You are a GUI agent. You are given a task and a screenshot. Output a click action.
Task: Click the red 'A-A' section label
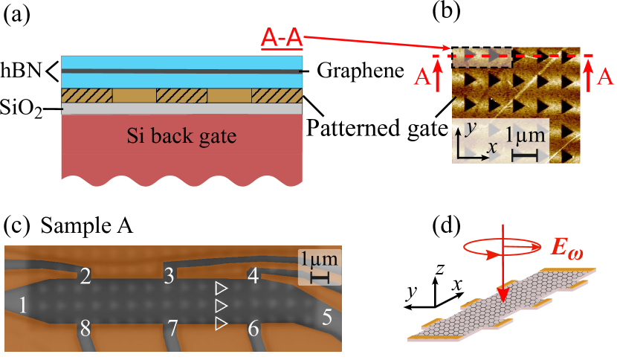281,36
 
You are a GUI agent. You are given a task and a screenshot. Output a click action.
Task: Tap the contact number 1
23,305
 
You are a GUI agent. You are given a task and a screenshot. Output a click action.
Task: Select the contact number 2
85,277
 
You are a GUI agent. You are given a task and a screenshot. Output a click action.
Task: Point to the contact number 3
169,277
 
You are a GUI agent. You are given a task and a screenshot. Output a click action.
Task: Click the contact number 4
253,276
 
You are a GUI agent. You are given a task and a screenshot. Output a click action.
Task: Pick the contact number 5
327,318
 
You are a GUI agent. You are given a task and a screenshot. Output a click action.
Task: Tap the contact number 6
253,328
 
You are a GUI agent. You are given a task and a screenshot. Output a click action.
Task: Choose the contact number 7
172,328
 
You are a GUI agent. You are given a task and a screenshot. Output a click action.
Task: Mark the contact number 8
85,328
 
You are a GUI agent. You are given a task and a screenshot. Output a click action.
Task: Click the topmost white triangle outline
220,287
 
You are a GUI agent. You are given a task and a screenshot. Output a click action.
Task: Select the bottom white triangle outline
220,324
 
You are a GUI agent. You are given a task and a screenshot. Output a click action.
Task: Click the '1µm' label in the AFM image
526,137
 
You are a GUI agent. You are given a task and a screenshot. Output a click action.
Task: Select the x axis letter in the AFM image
491,148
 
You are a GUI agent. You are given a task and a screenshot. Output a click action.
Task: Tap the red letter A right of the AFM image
606,76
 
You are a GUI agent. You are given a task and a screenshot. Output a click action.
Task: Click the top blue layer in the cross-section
182,62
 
